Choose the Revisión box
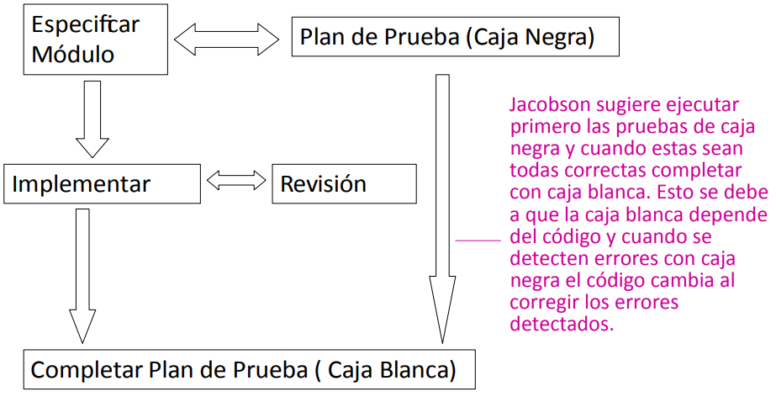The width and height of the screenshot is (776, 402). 343,184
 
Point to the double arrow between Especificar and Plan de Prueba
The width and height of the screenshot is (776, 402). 226,38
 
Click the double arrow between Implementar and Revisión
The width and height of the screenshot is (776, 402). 235,180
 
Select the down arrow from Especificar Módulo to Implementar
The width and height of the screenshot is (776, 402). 92,118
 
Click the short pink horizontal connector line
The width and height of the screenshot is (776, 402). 478,241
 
